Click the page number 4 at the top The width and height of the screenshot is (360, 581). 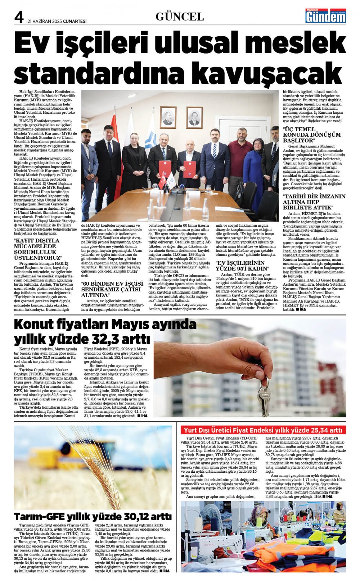[x=19, y=17]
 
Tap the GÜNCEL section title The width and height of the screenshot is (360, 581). [x=180, y=17]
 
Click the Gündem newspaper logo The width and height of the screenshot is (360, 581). [x=325, y=16]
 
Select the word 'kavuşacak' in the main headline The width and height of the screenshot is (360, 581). [x=273, y=72]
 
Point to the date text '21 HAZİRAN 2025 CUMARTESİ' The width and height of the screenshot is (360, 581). [x=57, y=21]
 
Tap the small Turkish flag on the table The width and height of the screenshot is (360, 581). [x=162, y=181]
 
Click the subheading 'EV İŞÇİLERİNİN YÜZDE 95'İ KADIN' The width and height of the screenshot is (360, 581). [x=242, y=265]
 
